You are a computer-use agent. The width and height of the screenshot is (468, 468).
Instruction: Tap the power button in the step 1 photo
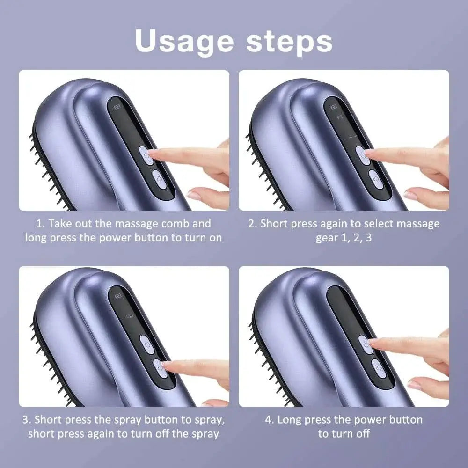pos(146,155)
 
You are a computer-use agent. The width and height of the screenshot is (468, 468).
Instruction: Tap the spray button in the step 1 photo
pos(159,179)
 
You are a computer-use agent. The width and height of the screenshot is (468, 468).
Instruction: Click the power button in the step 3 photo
pos(147,344)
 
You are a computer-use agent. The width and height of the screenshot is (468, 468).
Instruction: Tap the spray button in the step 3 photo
pos(160,368)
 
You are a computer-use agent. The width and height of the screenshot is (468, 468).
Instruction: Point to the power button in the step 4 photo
pos(366,344)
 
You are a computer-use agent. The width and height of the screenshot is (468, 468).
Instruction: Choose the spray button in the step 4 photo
pos(379,368)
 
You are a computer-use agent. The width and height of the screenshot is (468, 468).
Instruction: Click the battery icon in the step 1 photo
pos(117,107)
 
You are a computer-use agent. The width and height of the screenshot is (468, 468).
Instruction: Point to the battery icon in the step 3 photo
pos(118,296)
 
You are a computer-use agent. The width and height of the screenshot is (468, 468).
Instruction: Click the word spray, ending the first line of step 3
pos(210,420)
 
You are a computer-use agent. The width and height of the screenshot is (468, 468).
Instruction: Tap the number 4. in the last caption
pos(270,420)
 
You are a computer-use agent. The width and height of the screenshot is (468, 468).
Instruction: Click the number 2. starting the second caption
pos(253,224)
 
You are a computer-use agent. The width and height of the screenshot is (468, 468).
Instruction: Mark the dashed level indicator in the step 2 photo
pos(351,139)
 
